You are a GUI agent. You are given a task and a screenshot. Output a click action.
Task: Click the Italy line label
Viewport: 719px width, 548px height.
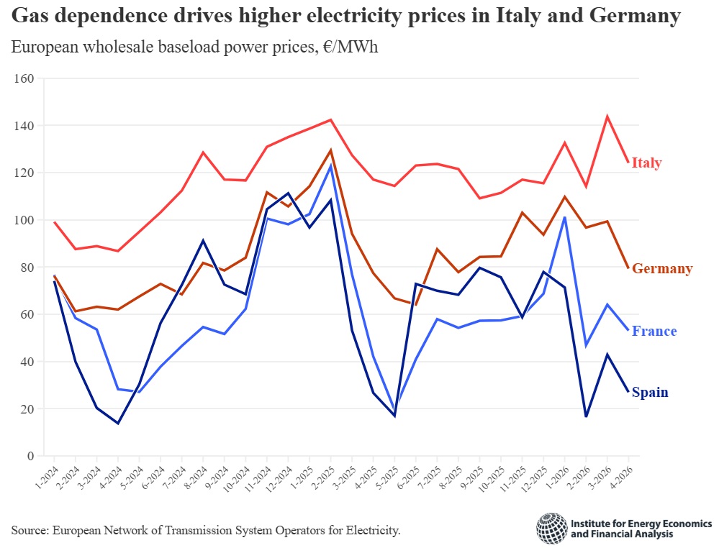pyautogui.click(x=646, y=163)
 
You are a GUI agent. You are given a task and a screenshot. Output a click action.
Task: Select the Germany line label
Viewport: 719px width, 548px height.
pyautogui.click(x=662, y=269)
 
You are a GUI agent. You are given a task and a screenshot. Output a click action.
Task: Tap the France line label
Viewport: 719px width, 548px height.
pyautogui.click(x=654, y=332)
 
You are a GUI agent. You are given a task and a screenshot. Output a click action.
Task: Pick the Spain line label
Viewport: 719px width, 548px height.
pyautogui.click(x=650, y=393)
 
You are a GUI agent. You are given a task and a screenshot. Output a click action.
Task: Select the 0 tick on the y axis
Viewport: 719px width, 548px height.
pyautogui.click(x=30, y=456)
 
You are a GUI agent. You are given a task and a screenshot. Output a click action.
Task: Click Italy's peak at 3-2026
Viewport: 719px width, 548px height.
pyautogui.click(x=607, y=117)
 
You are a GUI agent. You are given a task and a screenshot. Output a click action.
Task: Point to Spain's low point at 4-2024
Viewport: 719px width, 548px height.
pyautogui.click(x=118, y=423)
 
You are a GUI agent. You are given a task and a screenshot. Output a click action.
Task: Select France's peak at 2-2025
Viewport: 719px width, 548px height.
pyautogui.click(x=330, y=165)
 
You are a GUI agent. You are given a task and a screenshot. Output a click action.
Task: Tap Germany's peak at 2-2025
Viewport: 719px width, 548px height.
pyautogui.click(x=330, y=150)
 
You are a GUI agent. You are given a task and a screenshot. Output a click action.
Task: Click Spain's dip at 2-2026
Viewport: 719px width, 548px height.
pyautogui.click(x=587, y=416)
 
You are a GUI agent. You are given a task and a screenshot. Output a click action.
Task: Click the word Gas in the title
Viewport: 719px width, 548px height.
pyautogui.click(x=32, y=17)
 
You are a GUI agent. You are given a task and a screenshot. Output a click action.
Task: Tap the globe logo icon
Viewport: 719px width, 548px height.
pyautogui.click(x=551, y=529)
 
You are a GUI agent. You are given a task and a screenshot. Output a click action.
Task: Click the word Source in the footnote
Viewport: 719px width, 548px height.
pyautogui.click(x=28, y=531)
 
